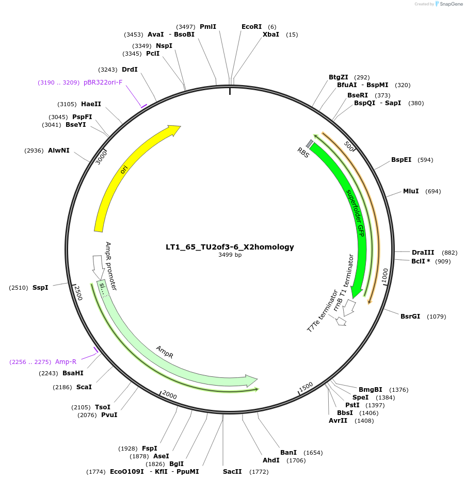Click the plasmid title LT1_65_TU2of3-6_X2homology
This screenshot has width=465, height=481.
[x=230, y=247]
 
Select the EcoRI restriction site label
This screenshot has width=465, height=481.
[x=251, y=27]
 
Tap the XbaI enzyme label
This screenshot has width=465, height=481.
[x=271, y=35]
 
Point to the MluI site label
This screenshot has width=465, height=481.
[x=411, y=191]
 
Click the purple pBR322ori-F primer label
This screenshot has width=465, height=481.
[x=103, y=82]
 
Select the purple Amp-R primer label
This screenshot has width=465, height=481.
[x=66, y=362]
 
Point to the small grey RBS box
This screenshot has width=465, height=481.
[x=310, y=143]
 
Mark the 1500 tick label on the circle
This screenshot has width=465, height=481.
[x=306, y=386]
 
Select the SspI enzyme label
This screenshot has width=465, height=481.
[x=40, y=287]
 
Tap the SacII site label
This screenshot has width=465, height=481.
[x=232, y=472]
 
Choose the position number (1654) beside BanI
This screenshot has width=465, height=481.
[x=313, y=453]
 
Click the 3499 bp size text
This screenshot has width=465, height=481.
[x=230, y=255]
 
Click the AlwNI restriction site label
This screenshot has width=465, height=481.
[x=59, y=151]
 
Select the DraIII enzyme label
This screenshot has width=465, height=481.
[x=423, y=253]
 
